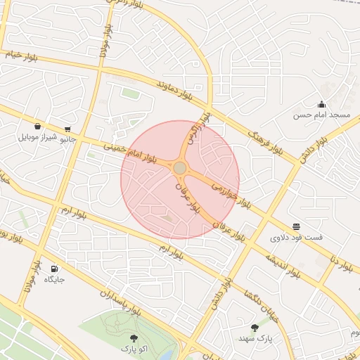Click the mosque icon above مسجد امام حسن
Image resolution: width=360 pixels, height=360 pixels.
coord(321,105)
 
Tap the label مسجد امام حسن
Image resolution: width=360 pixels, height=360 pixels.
coord(321,115)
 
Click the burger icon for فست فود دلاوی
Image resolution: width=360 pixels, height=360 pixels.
coord(297,227)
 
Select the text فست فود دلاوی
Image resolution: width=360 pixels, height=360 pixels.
coord(297,238)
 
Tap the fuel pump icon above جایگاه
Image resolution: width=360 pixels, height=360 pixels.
coord(54,269)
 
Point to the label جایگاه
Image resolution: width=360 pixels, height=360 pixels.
coord(54,279)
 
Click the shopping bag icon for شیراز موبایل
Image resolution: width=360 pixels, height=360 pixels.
coord(37,127)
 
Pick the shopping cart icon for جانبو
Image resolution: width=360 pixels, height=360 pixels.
coord(67,129)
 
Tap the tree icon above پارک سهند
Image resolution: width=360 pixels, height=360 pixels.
coord(255,328)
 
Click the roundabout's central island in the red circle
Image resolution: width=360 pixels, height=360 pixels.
coord(180,168)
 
